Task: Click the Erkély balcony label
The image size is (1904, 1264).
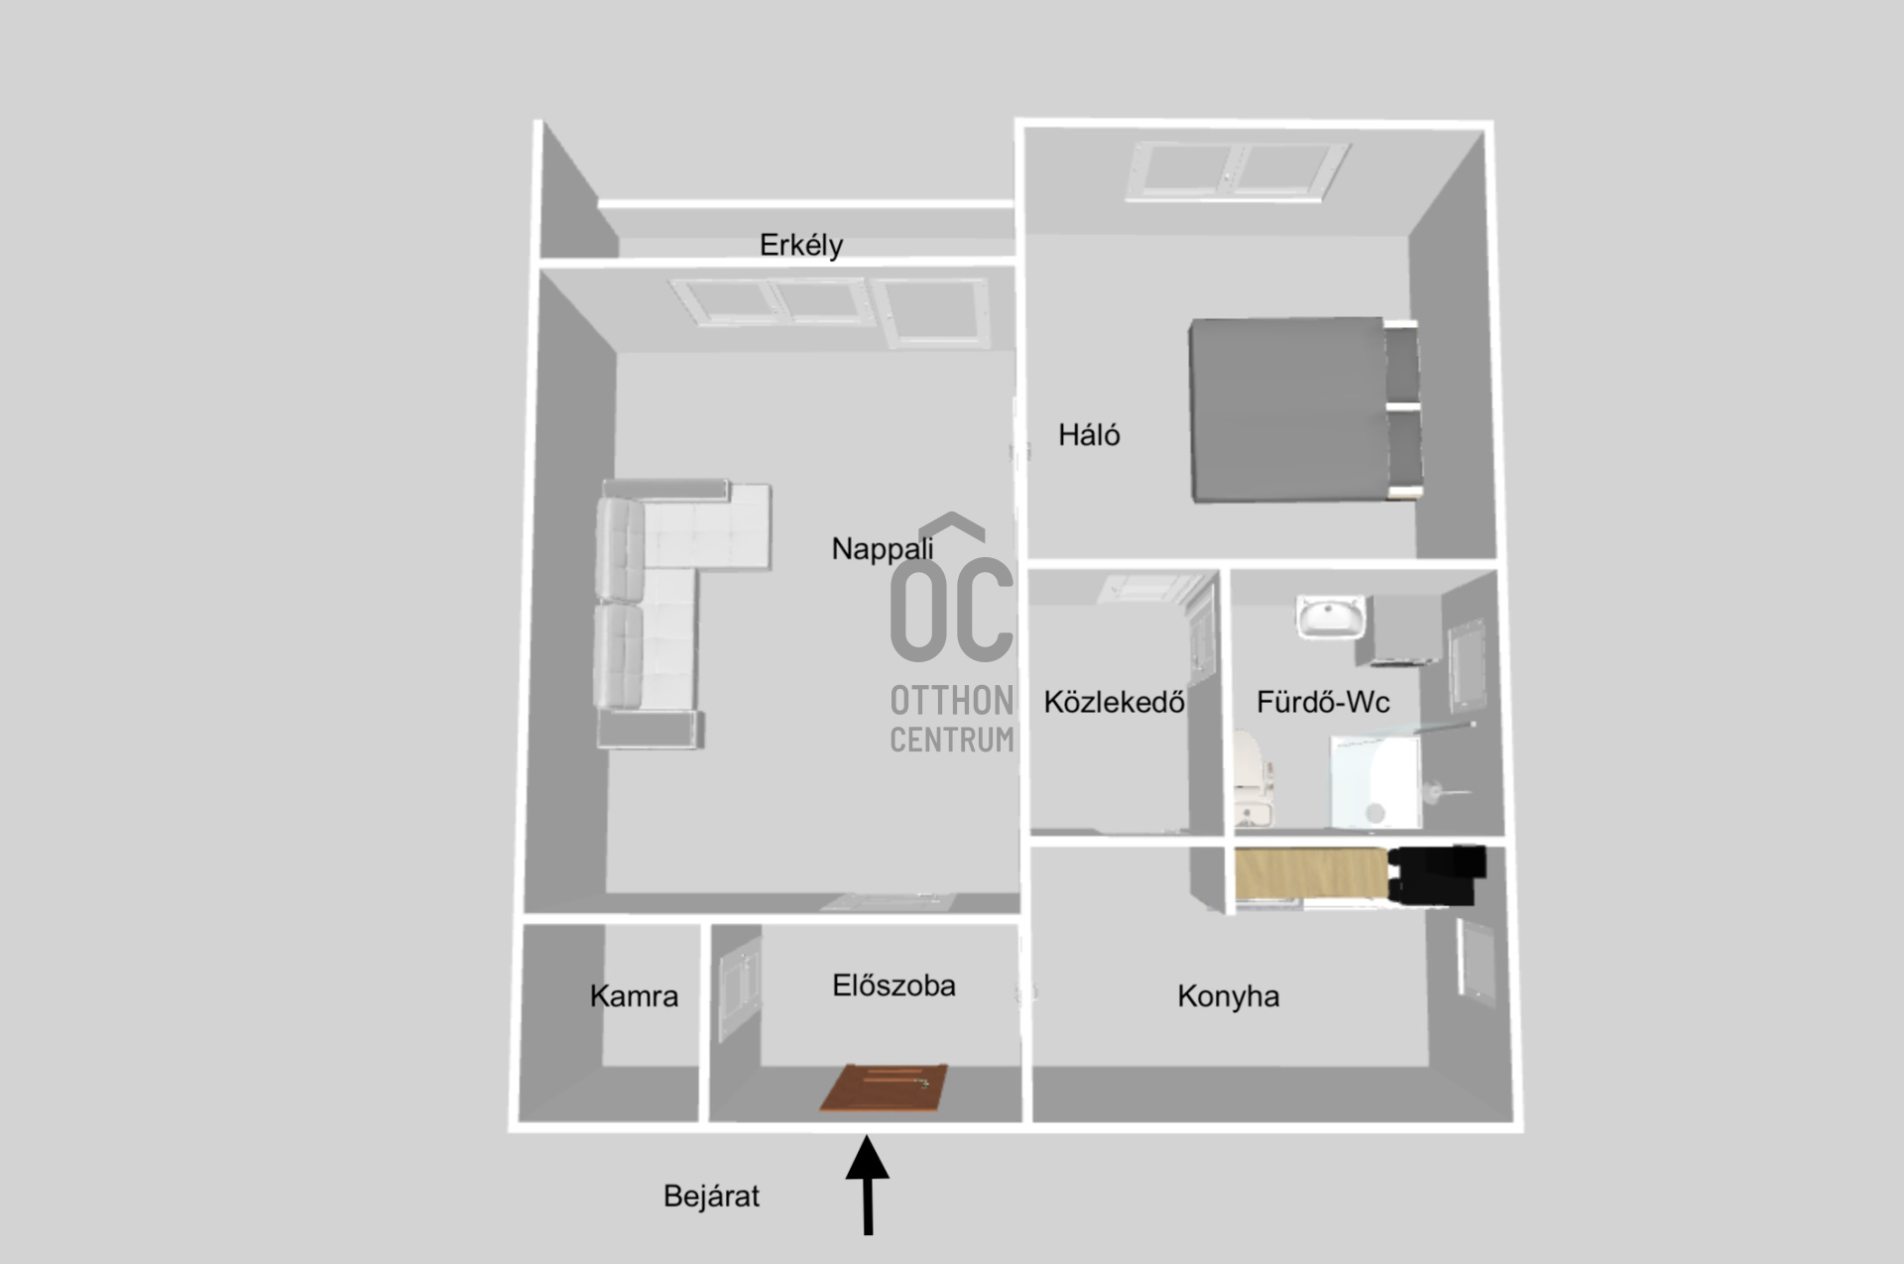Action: coord(801,245)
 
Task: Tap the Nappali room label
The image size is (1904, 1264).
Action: coord(882,548)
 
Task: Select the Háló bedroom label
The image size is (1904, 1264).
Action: coord(1089,435)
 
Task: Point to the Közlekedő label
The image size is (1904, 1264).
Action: coord(1114,702)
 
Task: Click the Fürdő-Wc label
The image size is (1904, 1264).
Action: coord(1323,702)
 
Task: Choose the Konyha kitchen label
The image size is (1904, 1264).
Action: coord(1228,995)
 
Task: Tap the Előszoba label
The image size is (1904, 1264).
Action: coord(893,985)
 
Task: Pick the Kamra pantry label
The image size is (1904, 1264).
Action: coord(634,995)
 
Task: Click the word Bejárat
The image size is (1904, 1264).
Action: coord(711,1196)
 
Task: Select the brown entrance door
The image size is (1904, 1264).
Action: coord(884,1089)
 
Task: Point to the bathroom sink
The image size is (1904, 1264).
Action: coord(1330,617)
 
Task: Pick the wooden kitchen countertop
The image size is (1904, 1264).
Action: coord(1309,875)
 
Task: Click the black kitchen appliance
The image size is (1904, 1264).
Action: coord(1437,875)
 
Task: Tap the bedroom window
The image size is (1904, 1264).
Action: coord(1238,170)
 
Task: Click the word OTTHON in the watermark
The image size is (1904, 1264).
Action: coord(952,700)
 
